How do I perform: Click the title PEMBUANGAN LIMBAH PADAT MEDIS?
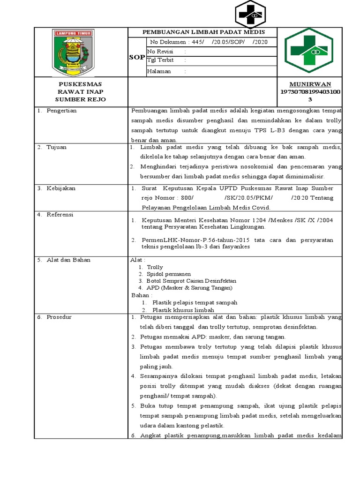coord(203,32)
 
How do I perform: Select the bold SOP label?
coord(137,57)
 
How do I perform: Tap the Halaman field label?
coord(159,71)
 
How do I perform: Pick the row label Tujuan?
coord(56,147)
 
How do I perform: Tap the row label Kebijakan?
coord(60,188)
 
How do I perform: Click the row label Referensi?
coord(60,214)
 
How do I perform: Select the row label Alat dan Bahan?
coord(68,260)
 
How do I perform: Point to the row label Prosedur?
coord(59,317)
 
